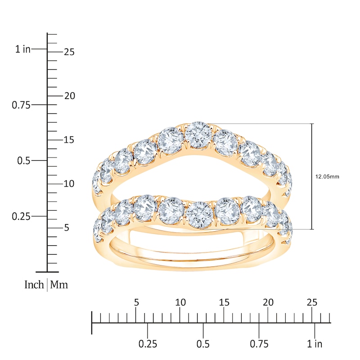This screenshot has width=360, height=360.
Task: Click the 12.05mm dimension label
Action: pos(327,177)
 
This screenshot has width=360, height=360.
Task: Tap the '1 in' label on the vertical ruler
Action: pos(23,49)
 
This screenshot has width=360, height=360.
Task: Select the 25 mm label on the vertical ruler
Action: pos(69,52)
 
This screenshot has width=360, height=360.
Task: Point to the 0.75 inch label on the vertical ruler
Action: pos(20,105)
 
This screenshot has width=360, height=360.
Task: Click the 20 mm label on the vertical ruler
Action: pos(69,96)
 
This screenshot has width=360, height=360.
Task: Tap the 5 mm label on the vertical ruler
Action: pos(66,228)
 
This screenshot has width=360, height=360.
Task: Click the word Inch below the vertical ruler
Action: pos(34,285)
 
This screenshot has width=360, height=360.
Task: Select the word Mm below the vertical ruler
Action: pos(59,285)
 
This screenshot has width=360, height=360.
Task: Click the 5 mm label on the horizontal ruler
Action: pos(136,302)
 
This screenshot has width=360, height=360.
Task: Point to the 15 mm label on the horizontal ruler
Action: pos(224,302)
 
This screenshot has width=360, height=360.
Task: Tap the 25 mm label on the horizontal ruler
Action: pos(312,302)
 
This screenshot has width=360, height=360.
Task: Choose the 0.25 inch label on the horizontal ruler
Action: pos(148,344)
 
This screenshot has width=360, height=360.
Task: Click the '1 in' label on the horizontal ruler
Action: pos(315,344)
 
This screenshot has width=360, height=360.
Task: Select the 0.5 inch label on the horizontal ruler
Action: pos(203,344)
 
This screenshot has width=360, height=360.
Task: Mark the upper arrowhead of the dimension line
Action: pos(312,126)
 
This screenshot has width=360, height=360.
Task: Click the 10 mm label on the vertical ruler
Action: pos(69,184)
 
